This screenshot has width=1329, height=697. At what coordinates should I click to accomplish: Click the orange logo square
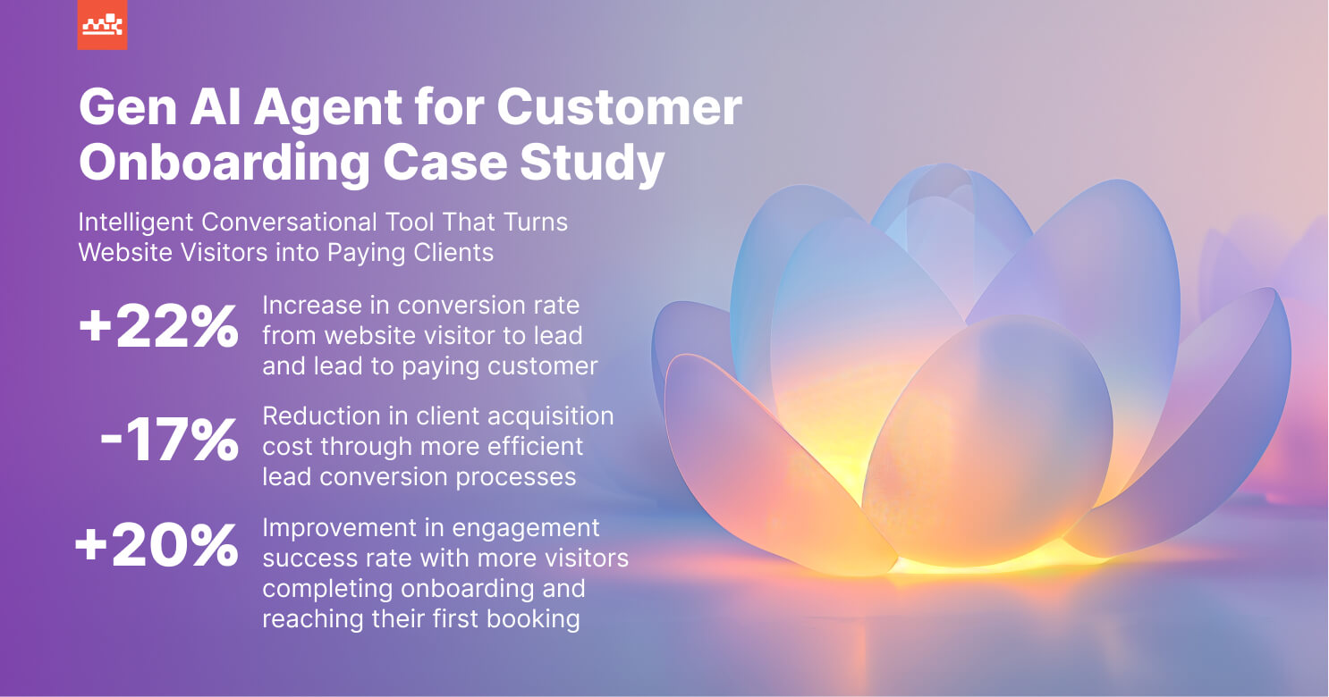tap(102, 24)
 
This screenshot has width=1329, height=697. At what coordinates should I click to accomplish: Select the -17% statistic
tap(170, 439)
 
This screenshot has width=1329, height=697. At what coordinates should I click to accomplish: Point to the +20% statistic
tap(157, 545)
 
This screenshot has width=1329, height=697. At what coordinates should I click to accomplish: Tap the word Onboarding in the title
tap(224, 164)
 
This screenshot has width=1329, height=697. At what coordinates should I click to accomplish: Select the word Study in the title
tap(592, 164)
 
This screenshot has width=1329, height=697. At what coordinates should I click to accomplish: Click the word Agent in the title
tap(328, 109)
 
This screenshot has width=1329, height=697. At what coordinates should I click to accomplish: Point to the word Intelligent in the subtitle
tap(137, 223)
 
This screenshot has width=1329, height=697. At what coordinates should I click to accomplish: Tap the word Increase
tap(312, 306)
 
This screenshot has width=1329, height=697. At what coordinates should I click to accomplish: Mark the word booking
tap(533, 619)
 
